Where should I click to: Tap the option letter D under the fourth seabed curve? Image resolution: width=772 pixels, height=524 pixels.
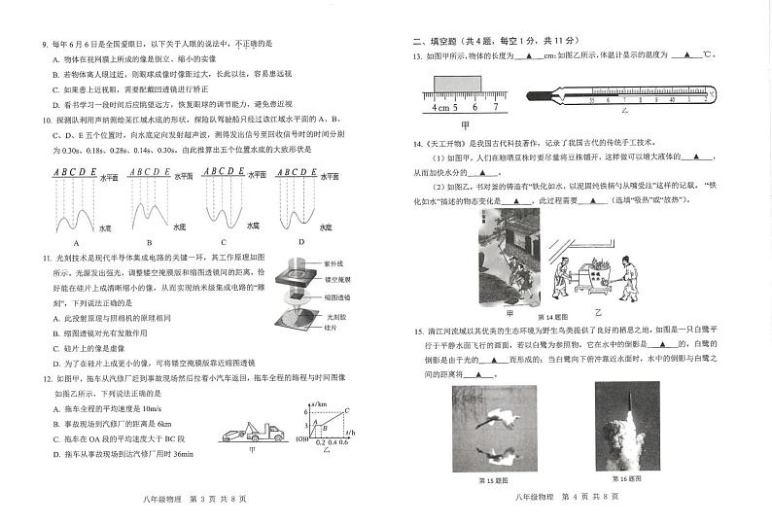click(x=300, y=241)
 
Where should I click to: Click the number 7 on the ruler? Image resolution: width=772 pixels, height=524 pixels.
click(x=494, y=108)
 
